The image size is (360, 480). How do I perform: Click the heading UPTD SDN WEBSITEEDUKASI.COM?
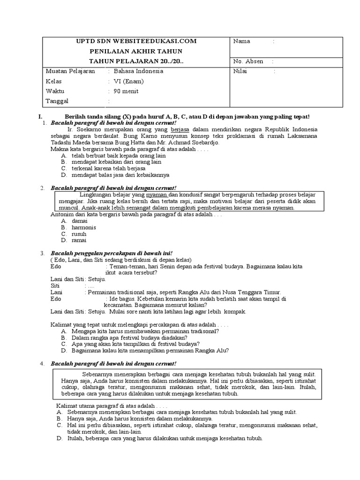click(x=136, y=41)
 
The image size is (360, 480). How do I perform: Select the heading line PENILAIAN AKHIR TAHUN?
click(x=136, y=51)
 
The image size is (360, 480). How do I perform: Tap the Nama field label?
click(x=241, y=41)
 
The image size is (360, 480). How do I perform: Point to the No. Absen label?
click(x=248, y=61)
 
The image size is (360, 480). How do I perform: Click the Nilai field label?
click(x=240, y=71)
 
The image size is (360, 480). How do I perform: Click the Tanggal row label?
click(x=57, y=101)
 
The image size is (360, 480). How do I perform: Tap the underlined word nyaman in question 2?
click(x=157, y=195)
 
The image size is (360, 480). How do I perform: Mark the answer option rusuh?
click(x=79, y=233)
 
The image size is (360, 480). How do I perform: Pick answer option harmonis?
click(x=84, y=227)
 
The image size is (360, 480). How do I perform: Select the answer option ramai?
click(x=79, y=240)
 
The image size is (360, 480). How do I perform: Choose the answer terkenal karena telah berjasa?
click(x=108, y=168)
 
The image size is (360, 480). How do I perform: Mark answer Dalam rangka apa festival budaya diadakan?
click(x=129, y=337)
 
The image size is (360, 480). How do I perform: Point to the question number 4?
click(x=42, y=363)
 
